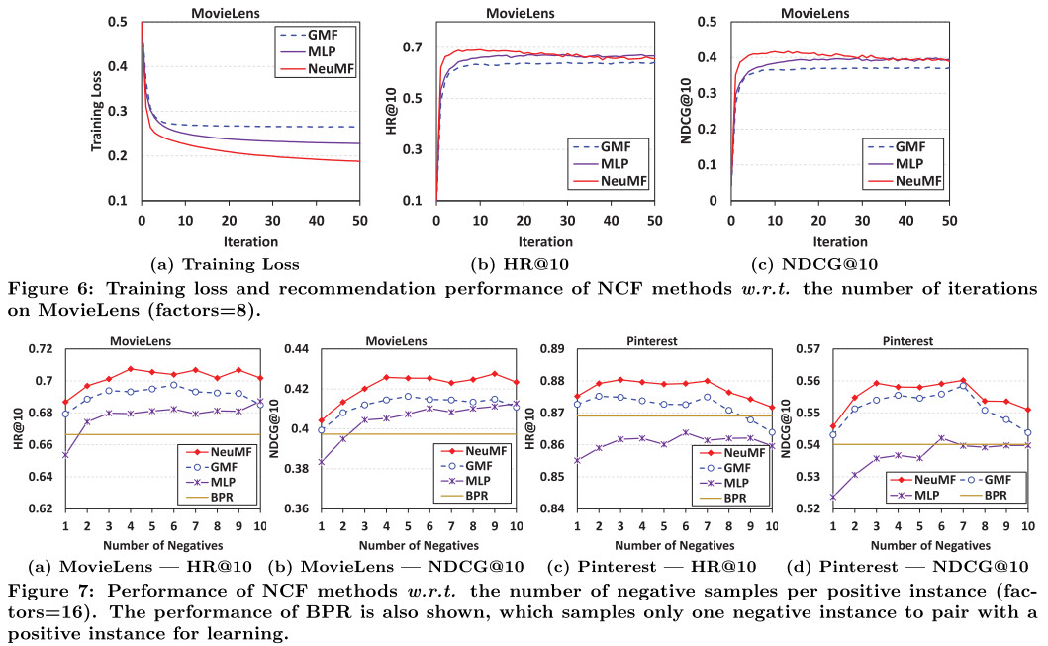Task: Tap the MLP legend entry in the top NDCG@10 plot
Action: point(907,163)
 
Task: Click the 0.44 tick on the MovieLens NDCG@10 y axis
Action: point(300,349)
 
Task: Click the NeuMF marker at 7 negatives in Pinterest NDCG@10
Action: point(963,380)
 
